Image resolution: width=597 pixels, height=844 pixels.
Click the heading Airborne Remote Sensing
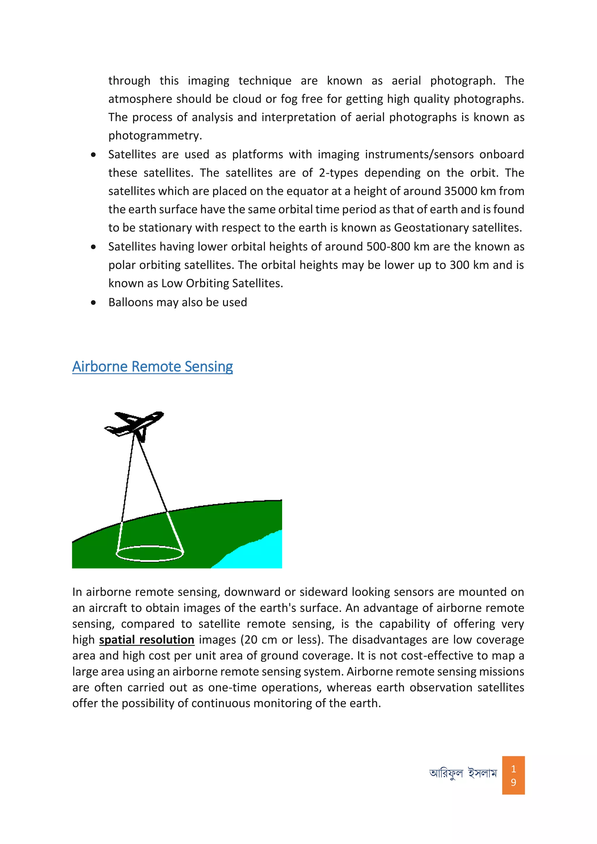click(x=152, y=367)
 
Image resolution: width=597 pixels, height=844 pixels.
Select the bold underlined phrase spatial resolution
click(x=146, y=640)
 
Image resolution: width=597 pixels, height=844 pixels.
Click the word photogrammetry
click(x=155, y=136)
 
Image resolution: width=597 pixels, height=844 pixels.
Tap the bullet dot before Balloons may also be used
click(x=94, y=303)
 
